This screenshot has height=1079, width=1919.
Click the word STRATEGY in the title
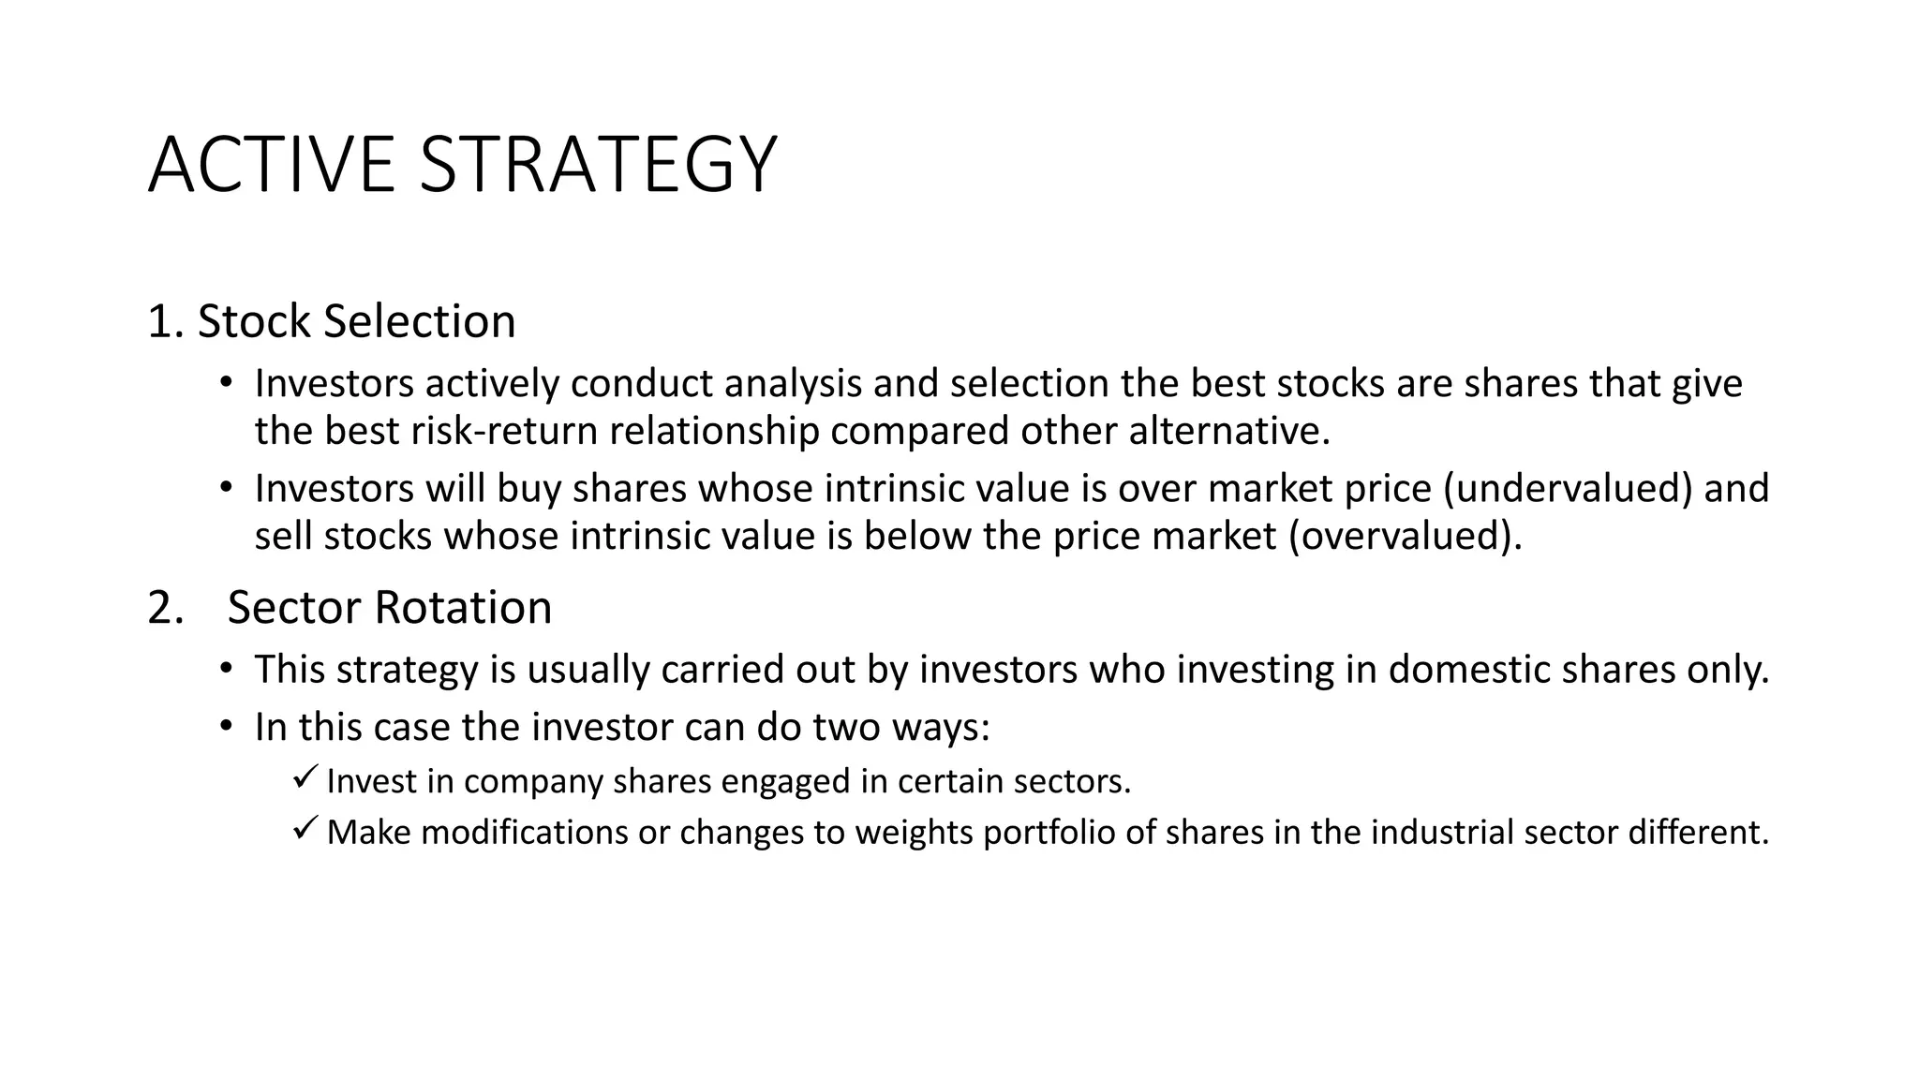598,166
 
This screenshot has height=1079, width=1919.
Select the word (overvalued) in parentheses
1405,537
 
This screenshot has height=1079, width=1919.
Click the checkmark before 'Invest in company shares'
305,777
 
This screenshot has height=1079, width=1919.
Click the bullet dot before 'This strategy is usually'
225,669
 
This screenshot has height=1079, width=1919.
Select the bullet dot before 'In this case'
225,726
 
